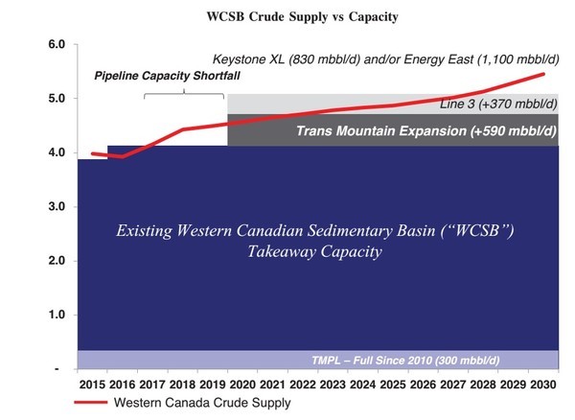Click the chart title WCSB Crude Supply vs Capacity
[x=302, y=16]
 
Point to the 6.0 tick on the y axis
[x=57, y=44]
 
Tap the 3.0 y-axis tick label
[x=57, y=206]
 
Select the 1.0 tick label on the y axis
[x=57, y=315]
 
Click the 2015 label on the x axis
[x=92, y=385]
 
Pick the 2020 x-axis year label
[x=242, y=385]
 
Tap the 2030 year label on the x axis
[x=543, y=385]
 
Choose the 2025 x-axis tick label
[x=393, y=385]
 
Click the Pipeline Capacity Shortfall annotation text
[x=167, y=76]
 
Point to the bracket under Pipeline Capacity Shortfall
[x=184, y=94]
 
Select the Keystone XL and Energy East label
[x=386, y=59]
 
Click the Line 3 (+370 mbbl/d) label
[x=498, y=105]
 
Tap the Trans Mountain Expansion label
[x=426, y=131]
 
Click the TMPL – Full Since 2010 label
[x=405, y=361]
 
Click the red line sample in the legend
[x=91, y=403]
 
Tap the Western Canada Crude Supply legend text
[x=202, y=403]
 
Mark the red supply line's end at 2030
[x=543, y=74]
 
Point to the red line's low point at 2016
[x=122, y=156]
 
